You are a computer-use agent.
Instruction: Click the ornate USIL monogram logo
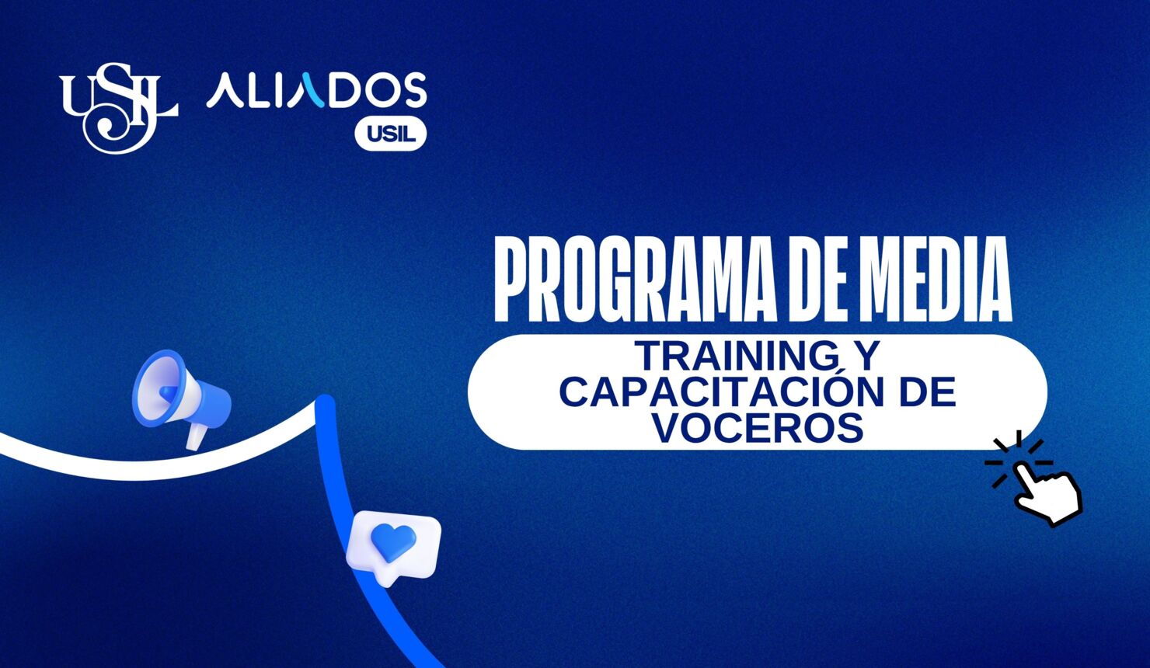point(118,106)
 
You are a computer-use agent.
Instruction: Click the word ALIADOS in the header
point(316,91)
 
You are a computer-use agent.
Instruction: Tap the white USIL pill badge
point(390,134)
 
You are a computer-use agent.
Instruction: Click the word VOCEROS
point(758,427)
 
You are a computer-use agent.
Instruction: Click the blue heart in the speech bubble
point(392,541)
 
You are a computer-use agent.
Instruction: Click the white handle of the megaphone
point(195,437)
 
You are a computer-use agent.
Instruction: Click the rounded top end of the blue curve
point(325,404)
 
